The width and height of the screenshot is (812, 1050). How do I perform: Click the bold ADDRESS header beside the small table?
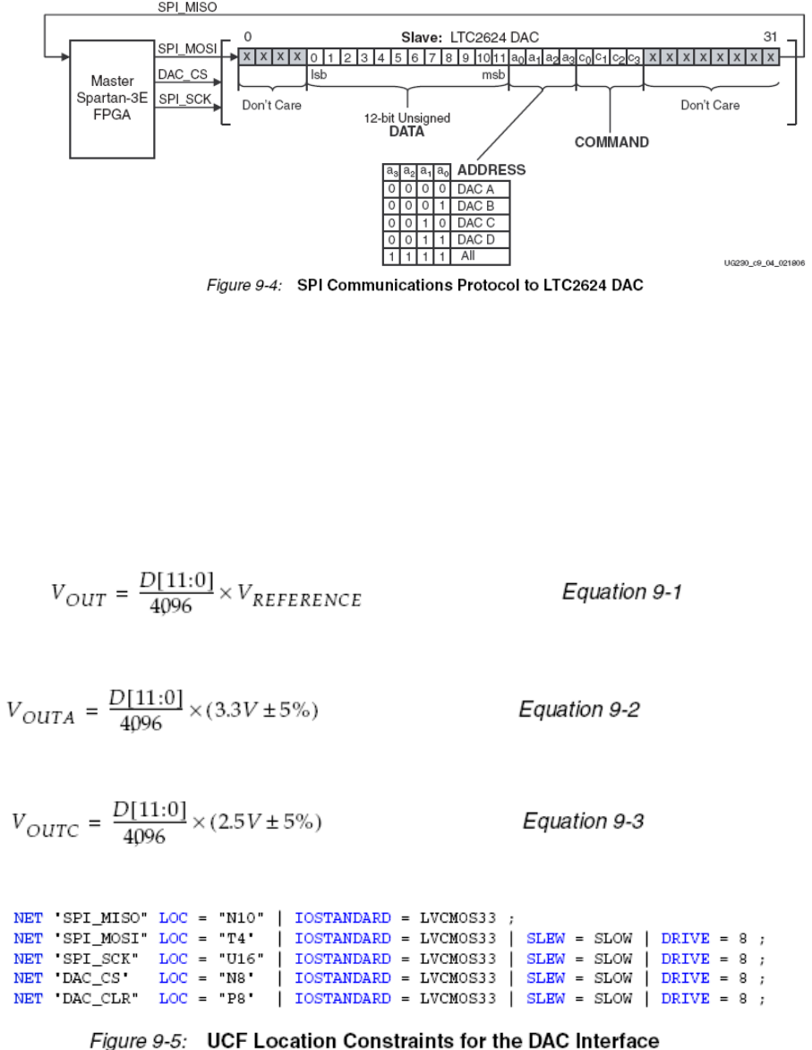pos(491,170)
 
